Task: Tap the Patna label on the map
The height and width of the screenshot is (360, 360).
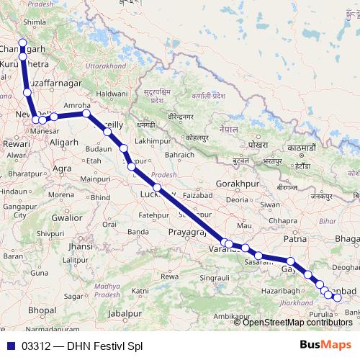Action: click(295, 238)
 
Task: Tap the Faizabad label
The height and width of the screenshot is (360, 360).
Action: click(199, 195)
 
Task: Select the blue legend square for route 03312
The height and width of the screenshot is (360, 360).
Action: click(9, 346)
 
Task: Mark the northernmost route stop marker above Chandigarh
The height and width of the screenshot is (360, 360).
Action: click(22, 42)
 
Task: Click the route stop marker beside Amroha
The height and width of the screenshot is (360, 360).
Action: click(86, 114)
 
